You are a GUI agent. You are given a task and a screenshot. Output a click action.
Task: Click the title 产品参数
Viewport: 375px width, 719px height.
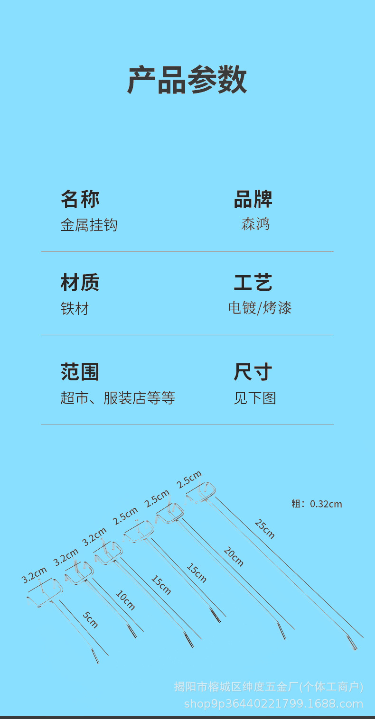click(187, 80)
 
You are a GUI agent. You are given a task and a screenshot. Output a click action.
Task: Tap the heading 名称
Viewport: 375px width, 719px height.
click(80, 199)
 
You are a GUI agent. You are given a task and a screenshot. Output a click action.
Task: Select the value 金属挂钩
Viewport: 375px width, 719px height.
click(89, 225)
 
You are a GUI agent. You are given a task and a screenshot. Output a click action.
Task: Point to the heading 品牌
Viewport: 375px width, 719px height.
click(253, 199)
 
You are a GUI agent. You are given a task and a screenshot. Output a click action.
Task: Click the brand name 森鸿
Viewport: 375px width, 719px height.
click(255, 224)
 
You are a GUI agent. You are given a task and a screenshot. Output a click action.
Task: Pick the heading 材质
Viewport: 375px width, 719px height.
click(80, 283)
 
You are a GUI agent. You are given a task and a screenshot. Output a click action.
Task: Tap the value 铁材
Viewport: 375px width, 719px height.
click(75, 309)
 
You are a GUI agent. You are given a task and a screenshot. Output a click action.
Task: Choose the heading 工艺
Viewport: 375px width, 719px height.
click(253, 283)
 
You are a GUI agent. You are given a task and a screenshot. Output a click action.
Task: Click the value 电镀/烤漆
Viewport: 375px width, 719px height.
click(260, 308)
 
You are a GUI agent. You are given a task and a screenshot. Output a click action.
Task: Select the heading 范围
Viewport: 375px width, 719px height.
click(80, 372)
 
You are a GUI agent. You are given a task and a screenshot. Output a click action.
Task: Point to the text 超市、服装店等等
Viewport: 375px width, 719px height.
click(118, 398)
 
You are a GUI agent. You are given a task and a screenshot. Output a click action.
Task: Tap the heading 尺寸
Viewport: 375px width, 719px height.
click(253, 372)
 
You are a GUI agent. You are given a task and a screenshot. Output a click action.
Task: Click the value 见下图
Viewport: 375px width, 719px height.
click(255, 398)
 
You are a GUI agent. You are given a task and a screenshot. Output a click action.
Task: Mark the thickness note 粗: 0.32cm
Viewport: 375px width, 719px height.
click(317, 504)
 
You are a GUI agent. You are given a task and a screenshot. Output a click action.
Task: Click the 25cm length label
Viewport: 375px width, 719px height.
click(264, 529)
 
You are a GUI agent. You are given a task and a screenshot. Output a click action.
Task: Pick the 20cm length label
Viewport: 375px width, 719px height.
click(234, 556)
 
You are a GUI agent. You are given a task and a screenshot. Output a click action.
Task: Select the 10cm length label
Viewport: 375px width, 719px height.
click(125, 599)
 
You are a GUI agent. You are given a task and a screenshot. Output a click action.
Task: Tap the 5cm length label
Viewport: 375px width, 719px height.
click(90, 619)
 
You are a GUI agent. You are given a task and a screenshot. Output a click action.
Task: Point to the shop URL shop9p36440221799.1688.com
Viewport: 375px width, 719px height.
click(273, 703)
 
